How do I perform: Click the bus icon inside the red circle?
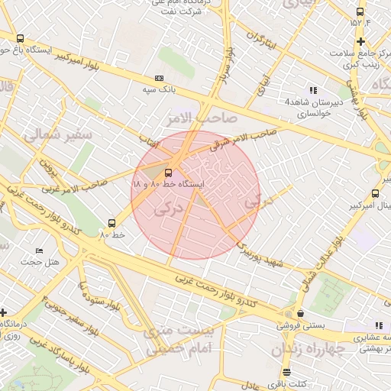[x=169, y=173]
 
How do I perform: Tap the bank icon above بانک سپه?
[x=159, y=78]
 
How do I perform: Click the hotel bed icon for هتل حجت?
[x=39, y=250]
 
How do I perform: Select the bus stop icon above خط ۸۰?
[x=112, y=223]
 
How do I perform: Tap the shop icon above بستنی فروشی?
[x=300, y=313]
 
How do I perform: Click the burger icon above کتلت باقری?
[x=286, y=372]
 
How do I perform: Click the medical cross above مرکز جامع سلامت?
[x=360, y=41]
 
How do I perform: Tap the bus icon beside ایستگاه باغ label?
[x=20, y=38]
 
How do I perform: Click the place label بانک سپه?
[x=161, y=89]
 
